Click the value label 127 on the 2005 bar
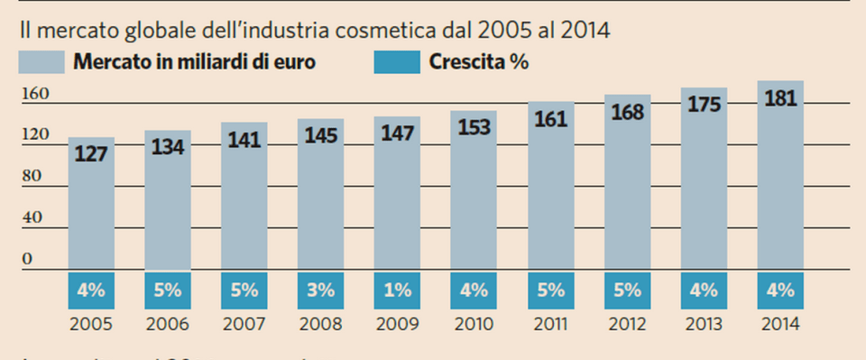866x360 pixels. pos(91,153)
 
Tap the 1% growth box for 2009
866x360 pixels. pos(397,291)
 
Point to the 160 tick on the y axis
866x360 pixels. pos(32,95)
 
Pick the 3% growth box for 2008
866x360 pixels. pos(320,291)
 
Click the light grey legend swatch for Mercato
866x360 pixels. pos(41,63)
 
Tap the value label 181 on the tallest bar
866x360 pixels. pos(780,97)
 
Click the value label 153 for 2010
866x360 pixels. pos(474,128)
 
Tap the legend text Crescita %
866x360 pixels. pos(479,63)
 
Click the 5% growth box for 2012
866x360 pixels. pos(627,291)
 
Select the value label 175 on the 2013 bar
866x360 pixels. pos(704,105)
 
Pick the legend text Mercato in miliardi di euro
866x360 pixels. pos(194,63)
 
